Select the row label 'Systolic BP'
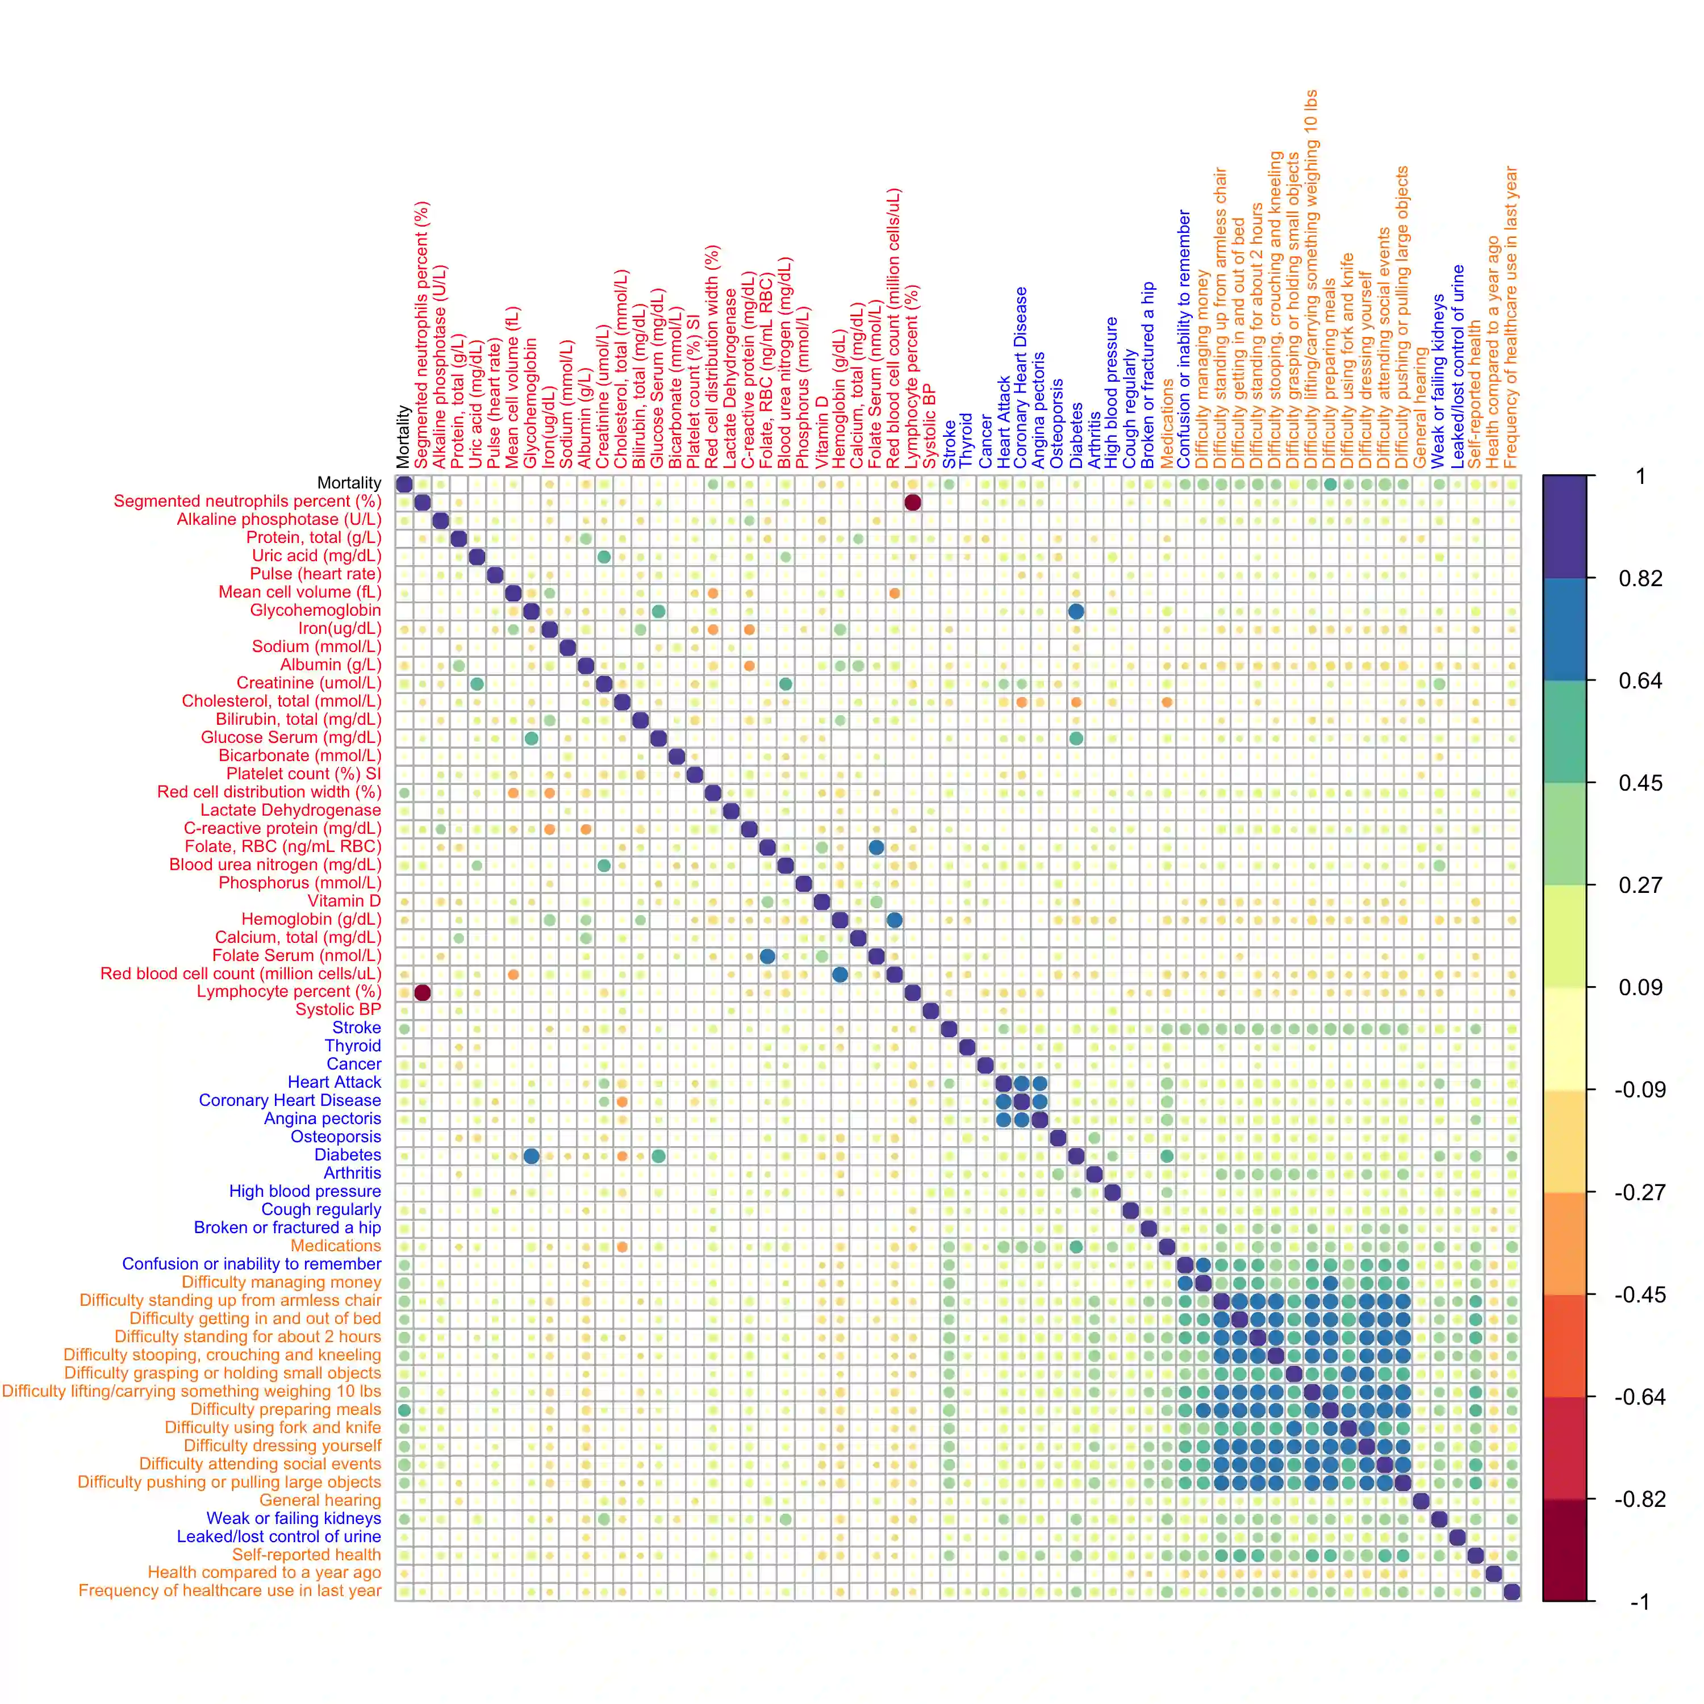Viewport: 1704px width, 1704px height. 338,1010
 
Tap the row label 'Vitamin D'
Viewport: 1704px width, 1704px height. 344,900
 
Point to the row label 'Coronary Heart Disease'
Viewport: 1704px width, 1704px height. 290,1101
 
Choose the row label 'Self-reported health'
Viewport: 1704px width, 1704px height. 306,1555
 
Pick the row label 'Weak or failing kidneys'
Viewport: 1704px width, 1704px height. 294,1519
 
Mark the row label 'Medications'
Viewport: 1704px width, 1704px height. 336,1246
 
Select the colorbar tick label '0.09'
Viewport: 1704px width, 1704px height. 1640,988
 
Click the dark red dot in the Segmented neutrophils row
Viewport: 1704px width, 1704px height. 913,503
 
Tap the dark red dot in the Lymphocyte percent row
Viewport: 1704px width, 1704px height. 423,993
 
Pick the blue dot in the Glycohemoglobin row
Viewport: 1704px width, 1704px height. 1076,611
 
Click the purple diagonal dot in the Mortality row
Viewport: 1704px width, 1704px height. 404,484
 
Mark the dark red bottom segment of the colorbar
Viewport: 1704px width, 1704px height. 1565,1550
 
